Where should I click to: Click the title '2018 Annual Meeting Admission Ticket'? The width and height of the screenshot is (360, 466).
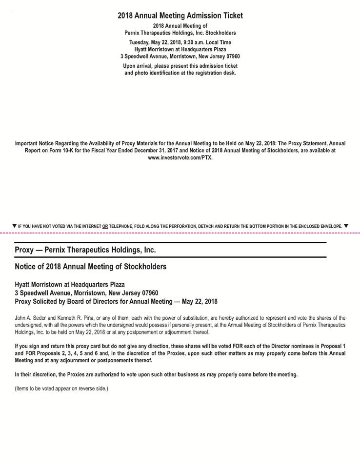180,16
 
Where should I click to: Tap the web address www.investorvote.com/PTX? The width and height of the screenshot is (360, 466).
180,159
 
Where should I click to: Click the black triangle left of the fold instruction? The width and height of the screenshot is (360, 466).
14,226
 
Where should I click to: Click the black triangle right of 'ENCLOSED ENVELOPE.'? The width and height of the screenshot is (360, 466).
346,226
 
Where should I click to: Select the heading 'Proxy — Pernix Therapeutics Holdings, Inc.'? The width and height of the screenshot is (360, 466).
85,250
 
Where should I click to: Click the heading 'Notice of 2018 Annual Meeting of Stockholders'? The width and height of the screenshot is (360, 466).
91,267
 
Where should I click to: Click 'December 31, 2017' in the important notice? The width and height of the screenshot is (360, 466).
164,151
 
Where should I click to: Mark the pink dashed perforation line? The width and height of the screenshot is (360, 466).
180,233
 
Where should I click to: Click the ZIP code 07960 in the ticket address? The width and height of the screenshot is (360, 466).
231,56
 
